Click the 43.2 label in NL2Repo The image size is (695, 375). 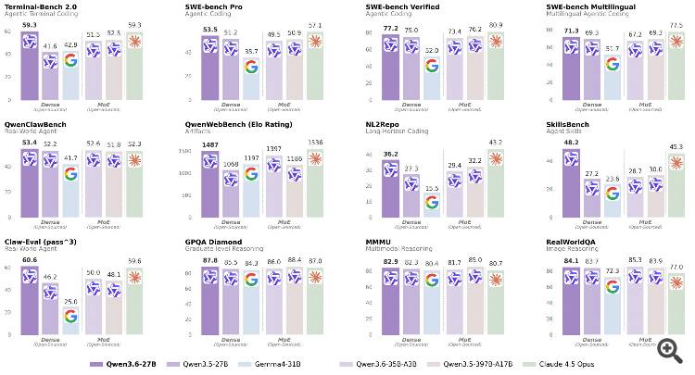coord(483,142)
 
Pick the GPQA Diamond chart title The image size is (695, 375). coord(215,238)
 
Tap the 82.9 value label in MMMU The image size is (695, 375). coord(385,260)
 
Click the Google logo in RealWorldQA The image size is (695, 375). coord(613,286)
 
